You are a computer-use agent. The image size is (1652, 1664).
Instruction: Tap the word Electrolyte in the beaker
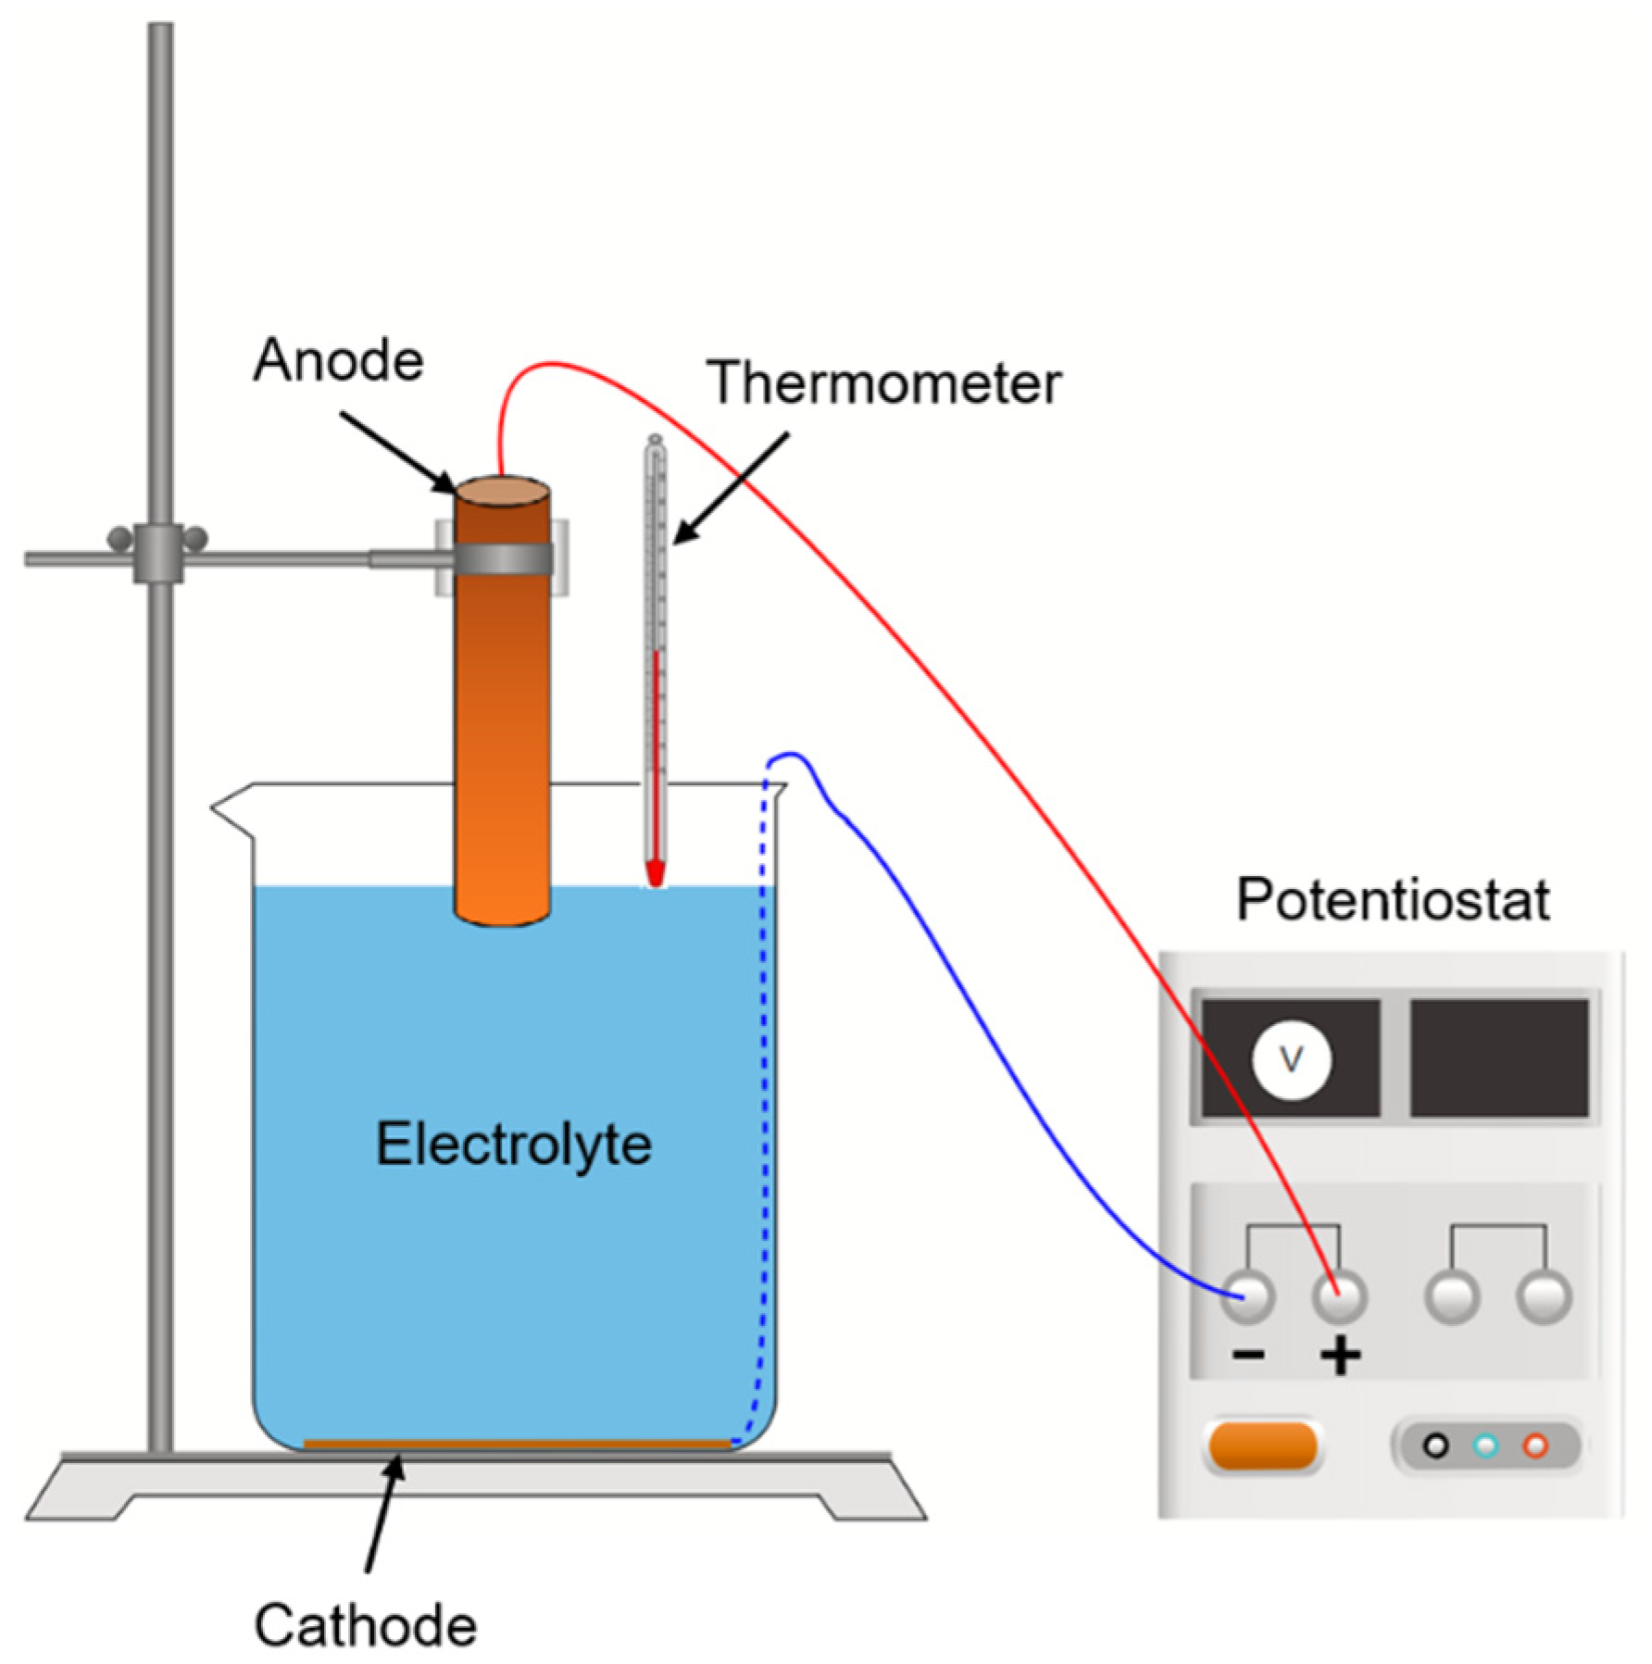click(513, 1145)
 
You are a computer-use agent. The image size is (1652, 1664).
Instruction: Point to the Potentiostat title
click(1393, 899)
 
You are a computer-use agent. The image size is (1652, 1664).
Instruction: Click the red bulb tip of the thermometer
click(656, 872)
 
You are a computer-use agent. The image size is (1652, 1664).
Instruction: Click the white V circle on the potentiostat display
click(1291, 1059)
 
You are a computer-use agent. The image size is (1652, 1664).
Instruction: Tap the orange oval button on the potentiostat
click(1263, 1446)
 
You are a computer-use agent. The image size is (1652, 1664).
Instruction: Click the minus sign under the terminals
click(1248, 1356)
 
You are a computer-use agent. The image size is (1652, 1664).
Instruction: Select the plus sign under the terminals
click(1340, 1357)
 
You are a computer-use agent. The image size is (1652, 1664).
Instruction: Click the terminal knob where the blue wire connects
click(1247, 1295)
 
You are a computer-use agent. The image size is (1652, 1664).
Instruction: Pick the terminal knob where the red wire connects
click(1339, 1295)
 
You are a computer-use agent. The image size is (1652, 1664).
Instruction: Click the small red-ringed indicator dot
click(1535, 1445)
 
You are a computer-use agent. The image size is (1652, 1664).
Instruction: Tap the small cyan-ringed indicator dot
click(1486, 1445)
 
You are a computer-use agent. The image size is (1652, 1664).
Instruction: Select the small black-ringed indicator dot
click(1436, 1445)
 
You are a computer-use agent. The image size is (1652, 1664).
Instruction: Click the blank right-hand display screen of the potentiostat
click(1498, 1057)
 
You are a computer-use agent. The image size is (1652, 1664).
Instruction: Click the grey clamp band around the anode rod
click(505, 558)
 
